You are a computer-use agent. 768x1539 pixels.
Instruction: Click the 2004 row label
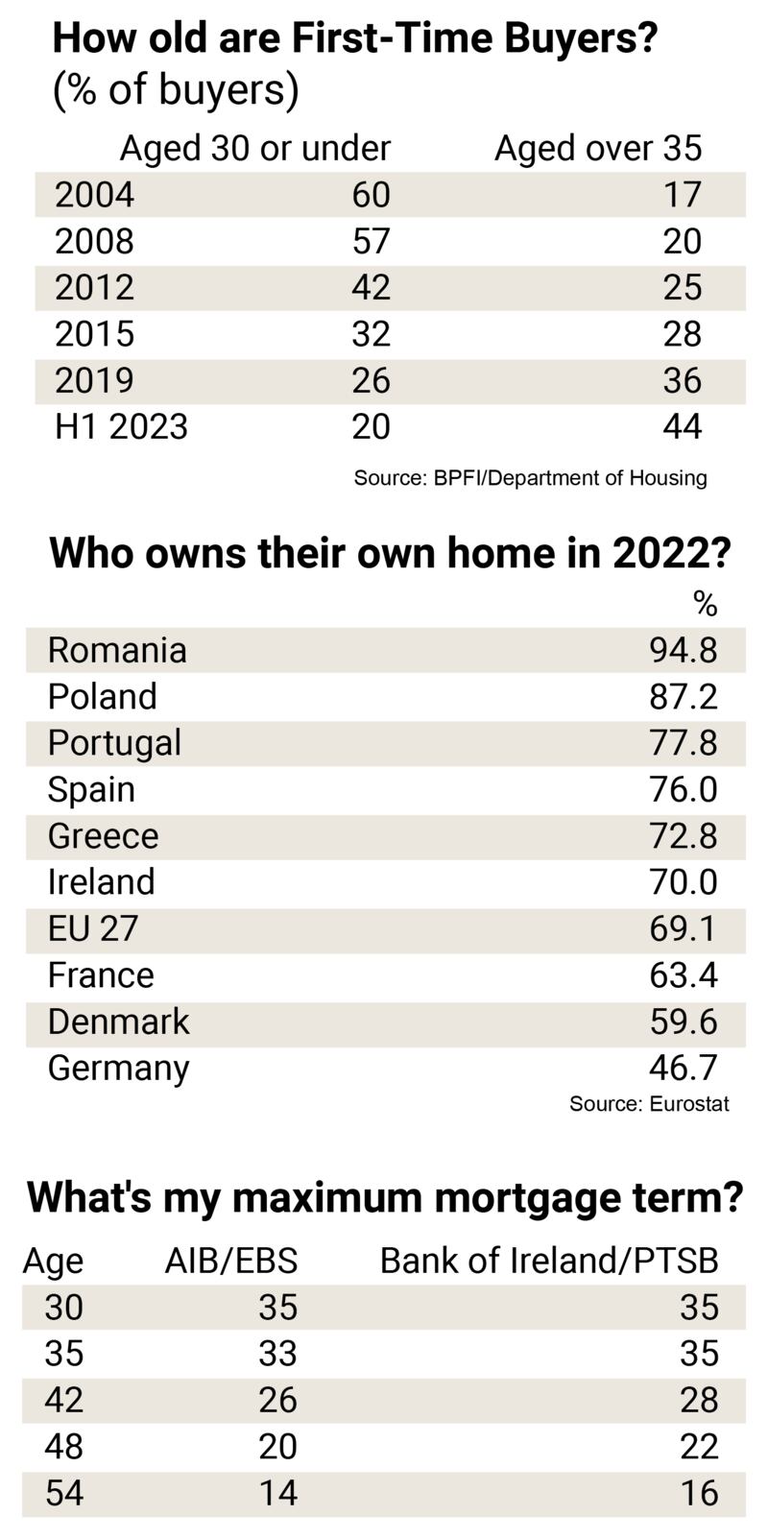94,195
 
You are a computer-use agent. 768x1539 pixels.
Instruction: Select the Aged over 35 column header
597,148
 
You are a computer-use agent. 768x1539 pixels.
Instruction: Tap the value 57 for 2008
371,241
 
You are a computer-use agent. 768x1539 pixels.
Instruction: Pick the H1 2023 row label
121,426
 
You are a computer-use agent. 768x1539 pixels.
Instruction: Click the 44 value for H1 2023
682,426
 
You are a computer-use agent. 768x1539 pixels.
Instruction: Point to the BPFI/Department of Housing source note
530,477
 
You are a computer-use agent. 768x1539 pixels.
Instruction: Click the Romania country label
117,650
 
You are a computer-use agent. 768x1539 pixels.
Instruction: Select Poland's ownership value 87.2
683,696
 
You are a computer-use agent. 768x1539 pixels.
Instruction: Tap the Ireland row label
101,881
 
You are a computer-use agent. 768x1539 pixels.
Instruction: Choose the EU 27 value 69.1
683,928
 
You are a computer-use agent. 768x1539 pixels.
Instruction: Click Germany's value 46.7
683,1068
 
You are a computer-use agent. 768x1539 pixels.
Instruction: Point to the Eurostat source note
649,1103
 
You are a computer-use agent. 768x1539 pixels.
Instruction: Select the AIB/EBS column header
230,1261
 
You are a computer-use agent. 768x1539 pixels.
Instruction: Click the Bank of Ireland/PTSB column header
549,1261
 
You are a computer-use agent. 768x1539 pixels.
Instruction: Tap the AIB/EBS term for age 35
277,1354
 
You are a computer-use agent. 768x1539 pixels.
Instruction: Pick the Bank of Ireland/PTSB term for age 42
699,1400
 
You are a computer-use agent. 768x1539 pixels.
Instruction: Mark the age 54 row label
63,1493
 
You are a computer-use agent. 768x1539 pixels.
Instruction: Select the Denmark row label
118,1022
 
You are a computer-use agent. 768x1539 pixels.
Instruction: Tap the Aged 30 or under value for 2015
371,334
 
